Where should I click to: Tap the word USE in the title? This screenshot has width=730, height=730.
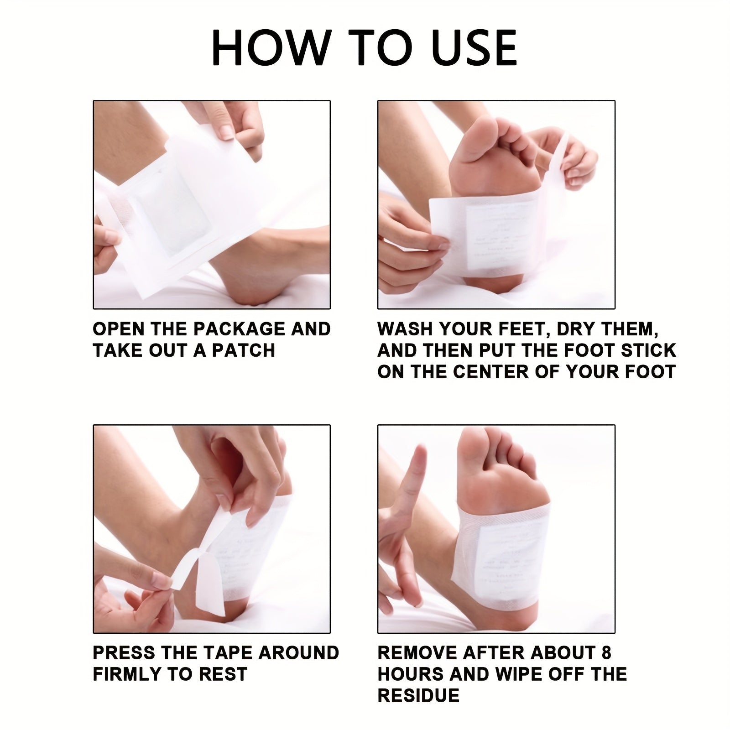(473, 48)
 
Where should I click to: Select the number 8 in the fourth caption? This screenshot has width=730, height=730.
(606, 653)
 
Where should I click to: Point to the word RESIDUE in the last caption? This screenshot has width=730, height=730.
(418, 695)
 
